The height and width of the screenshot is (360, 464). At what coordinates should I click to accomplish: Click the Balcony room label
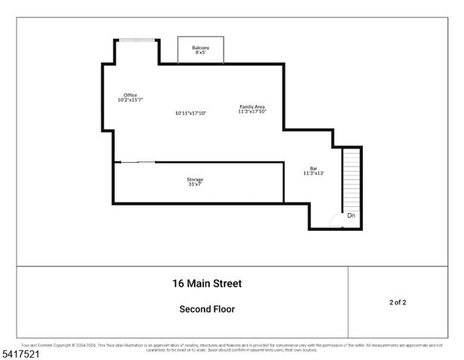click(200, 48)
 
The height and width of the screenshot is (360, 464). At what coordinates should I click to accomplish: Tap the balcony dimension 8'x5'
click(200, 53)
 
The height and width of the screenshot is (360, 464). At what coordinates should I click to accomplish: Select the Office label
click(130, 94)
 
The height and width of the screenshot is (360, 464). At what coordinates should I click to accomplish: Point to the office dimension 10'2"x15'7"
click(130, 100)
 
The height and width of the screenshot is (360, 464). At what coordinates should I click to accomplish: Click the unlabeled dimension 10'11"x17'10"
click(190, 113)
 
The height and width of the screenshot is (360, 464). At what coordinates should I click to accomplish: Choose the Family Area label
click(252, 106)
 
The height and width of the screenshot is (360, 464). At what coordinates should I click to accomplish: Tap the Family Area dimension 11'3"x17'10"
click(252, 112)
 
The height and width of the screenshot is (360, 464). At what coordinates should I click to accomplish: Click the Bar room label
click(313, 168)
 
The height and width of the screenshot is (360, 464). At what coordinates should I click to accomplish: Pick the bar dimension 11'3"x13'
click(313, 173)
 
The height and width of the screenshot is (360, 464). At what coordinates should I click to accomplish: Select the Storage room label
click(195, 179)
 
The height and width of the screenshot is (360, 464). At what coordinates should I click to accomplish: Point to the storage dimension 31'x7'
click(195, 184)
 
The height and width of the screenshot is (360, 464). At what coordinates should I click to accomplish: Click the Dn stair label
click(351, 216)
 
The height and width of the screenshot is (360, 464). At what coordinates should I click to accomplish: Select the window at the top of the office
click(136, 40)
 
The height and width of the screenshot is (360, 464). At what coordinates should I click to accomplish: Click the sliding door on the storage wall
click(136, 162)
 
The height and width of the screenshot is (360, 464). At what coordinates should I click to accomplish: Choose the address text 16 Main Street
click(207, 283)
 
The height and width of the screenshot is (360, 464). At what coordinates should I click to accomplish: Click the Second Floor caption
click(207, 309)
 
